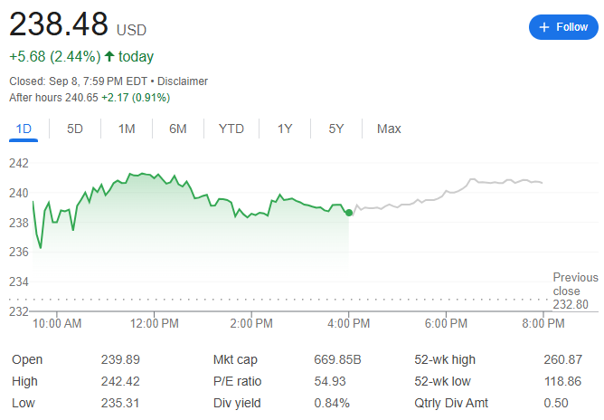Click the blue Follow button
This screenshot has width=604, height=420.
click(x=562, y=27)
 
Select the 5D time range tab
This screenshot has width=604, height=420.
click(x=75, y=129)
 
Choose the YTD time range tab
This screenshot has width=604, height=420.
click(x=231, y=129)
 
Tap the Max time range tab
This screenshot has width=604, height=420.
click(x=389, y=129)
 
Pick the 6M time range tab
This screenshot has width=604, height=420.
click(x=178, y=129)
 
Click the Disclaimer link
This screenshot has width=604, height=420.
click(x=183, y=81)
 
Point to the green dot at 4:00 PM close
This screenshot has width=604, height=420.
click(x=349, y=213)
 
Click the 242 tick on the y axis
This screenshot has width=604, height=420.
click(x=19, y=163)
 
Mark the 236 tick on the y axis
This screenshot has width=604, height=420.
click(x=19, y=253)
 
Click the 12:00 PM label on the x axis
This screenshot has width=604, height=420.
click(x=155, y=323)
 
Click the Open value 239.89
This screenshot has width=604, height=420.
click(x=120, y=359)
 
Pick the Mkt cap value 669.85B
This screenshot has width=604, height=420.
click(x=337, y=359)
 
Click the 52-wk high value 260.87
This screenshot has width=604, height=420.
click(x=563, y=359)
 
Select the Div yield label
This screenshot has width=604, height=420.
click(x=238, y=403)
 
